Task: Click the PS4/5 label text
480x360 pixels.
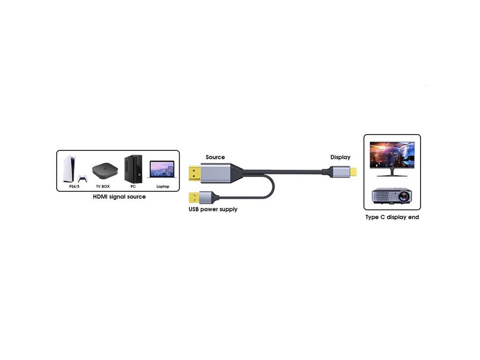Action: click(75, 187)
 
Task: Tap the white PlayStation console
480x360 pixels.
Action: click(69, 169)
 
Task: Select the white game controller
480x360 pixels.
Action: click(82, 179)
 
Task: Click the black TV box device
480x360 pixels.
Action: click(105, 171)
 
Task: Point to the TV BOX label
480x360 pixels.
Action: click(103, 187)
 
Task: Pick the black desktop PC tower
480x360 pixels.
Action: click(133, 169)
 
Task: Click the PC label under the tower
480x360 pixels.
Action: click(133, 187)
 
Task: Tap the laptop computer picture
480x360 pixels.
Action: click(162, 169)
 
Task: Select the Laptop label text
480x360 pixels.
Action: click(163, 187)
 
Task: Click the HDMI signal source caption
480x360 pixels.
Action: click(120, 197)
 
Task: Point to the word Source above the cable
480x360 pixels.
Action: click(215, 157)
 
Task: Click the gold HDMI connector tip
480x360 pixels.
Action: click(195, 173)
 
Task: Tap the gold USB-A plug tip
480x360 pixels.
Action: click(194, 198)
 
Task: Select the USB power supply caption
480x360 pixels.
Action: click(213, 210)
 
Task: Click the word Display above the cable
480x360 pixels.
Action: click(340, 157)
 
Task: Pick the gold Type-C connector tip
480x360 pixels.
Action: click(353, 172)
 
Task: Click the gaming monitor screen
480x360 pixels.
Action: click(392, 155)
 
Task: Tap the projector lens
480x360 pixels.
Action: click(404, 196)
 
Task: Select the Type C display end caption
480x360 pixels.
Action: click(392, 217)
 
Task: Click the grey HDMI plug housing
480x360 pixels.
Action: click(216, 173)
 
